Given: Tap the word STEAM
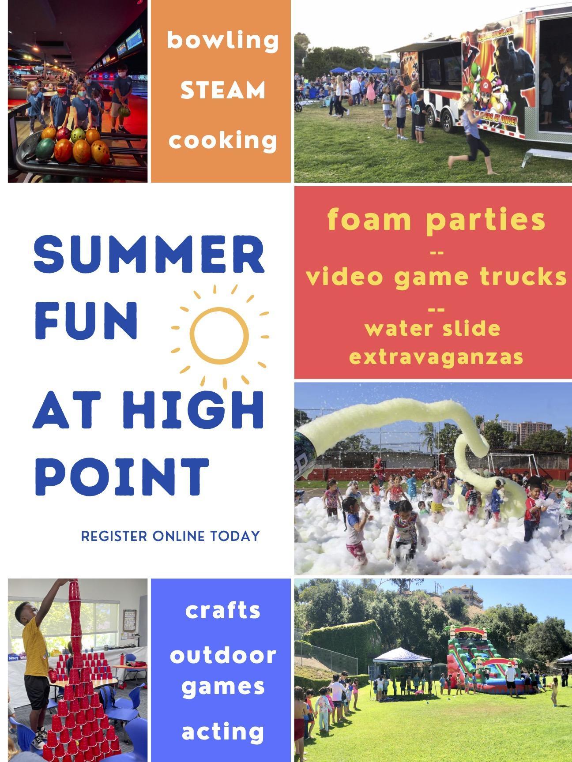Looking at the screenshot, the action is [x=223, y=90].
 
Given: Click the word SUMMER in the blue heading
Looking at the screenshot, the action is [x=149, y=255].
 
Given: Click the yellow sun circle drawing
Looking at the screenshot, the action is [x=219, y=336].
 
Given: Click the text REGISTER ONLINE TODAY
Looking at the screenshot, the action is [x=170, y=537].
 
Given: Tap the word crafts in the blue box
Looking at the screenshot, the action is [x=223, y=611].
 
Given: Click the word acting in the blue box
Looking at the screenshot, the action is [x=223, y=732].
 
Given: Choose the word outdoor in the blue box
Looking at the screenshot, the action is [x=223, y=655].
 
